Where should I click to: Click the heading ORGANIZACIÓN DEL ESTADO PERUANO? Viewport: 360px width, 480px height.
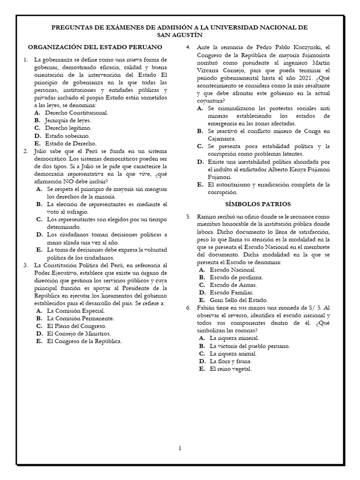(x=95, y=47)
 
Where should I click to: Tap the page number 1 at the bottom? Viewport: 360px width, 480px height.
(x=180, y=449)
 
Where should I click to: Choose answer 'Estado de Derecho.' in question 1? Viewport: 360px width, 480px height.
(x=71, y=143)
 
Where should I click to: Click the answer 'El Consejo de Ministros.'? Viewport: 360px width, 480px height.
(x=79, y=333)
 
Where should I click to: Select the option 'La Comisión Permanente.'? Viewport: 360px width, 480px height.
(x=81, y=318)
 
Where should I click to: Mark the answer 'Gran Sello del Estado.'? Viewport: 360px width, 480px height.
(x=239, y=300)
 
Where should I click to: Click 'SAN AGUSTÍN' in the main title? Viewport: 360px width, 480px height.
(x=180, y=35)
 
